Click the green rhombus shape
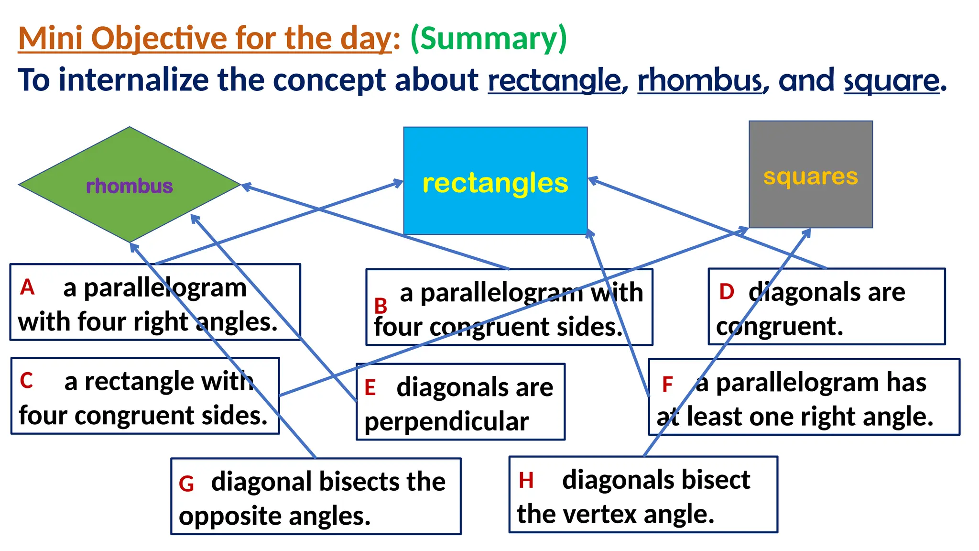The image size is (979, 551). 96,158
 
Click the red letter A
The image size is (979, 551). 27,287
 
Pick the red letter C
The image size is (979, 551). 26,381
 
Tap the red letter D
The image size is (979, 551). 726,292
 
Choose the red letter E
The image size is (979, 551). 370,387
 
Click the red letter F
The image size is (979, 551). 667,384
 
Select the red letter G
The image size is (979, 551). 186,484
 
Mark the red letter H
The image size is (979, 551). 526,480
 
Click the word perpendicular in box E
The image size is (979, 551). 446,422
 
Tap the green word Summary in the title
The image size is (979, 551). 489,38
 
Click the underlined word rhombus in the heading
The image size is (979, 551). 700,80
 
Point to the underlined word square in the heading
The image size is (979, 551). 891,80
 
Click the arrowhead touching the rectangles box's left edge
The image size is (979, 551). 399,182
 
